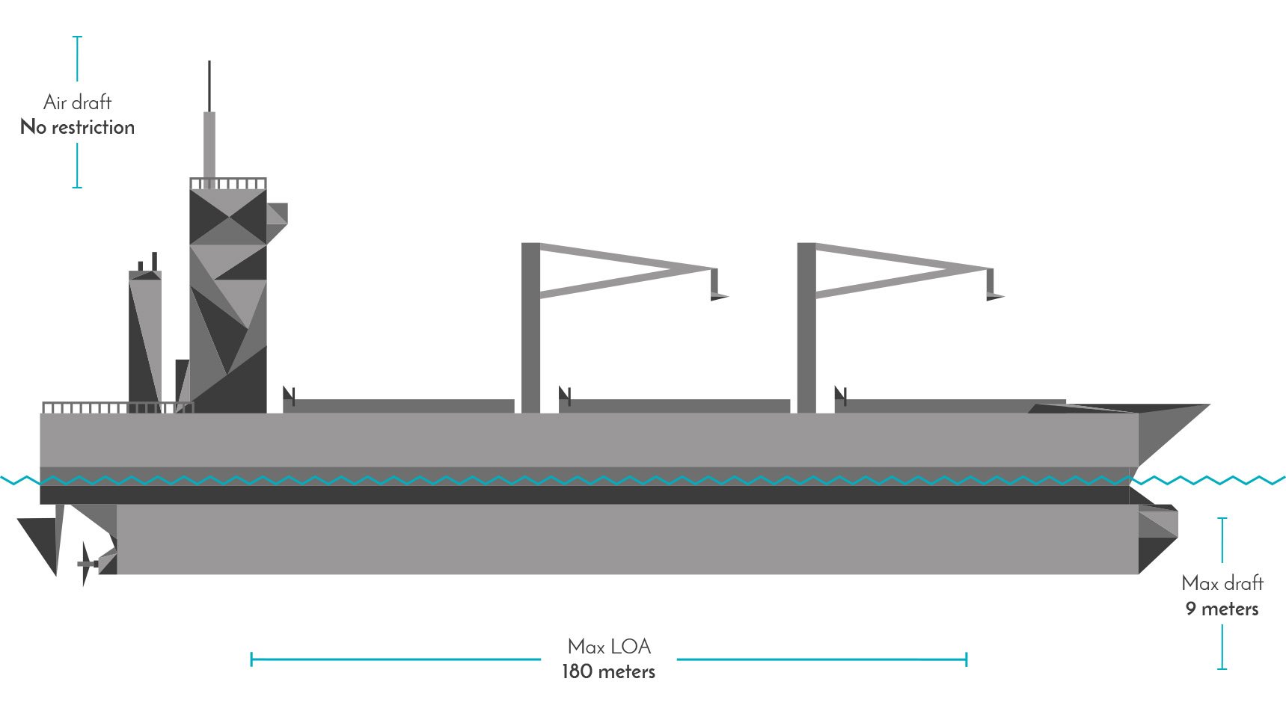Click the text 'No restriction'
[x=78, y=127]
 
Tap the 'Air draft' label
[x=78, y=102]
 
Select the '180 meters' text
[x=608, y=671]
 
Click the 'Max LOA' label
[x=609, y=646]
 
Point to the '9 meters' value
[x=1222, y=609]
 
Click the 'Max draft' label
[x=1222, y=582]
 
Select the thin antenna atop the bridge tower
[x=209, y=86]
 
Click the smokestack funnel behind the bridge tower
[x=145, y=336]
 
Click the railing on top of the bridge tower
[x=227, y=183]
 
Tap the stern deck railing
[x=117, y=407]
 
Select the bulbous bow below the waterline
[x=1158, y=538]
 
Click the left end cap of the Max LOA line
[x=251, y=659]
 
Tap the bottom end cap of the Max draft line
[x=1222, y=668]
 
